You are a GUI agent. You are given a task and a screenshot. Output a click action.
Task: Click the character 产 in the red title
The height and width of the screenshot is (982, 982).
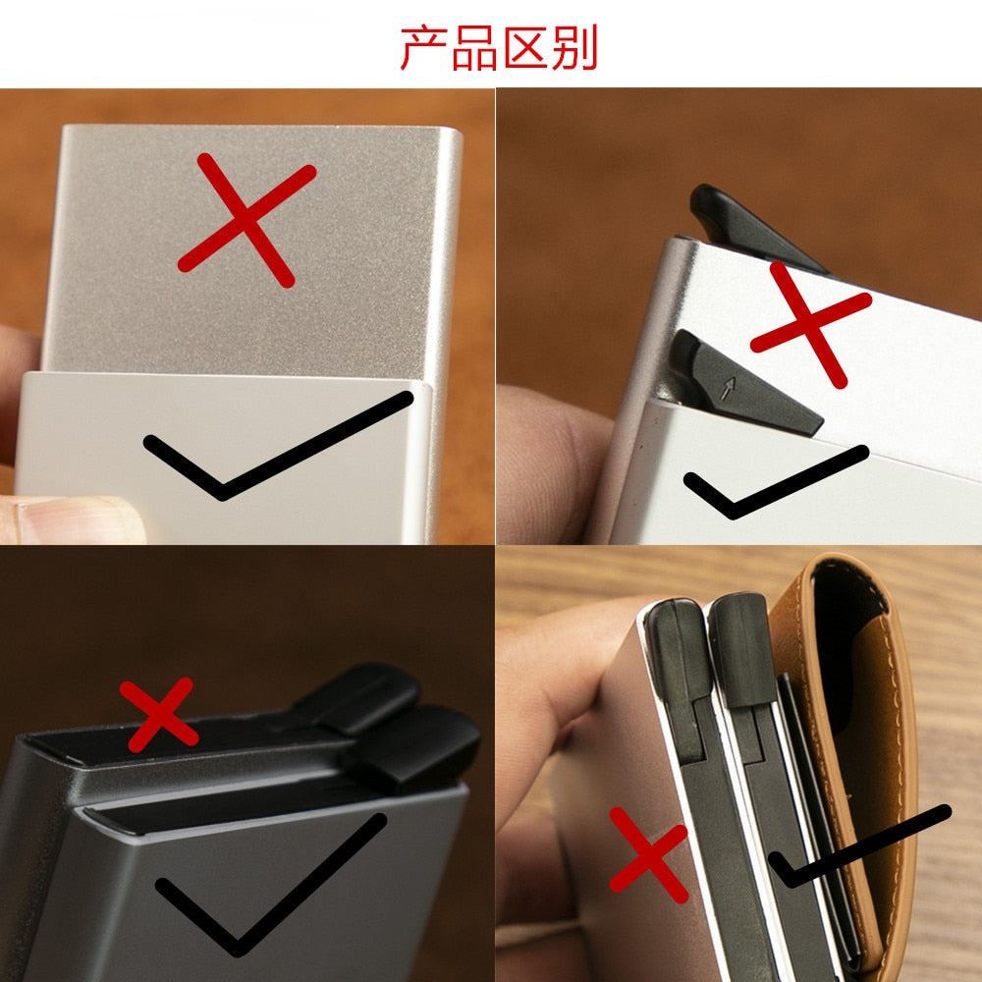(424, 48)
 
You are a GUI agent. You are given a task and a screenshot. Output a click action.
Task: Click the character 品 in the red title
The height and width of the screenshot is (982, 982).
(474, 48)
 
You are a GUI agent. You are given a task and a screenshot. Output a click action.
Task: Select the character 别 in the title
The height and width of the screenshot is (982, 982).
(574, 48)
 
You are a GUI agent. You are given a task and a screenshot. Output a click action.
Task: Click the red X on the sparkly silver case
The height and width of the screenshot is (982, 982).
(248, 220)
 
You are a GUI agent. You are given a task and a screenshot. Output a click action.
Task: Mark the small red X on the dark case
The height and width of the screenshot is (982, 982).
(158, 715)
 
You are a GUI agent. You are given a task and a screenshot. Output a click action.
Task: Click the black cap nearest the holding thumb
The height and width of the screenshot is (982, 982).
(680, 651)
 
